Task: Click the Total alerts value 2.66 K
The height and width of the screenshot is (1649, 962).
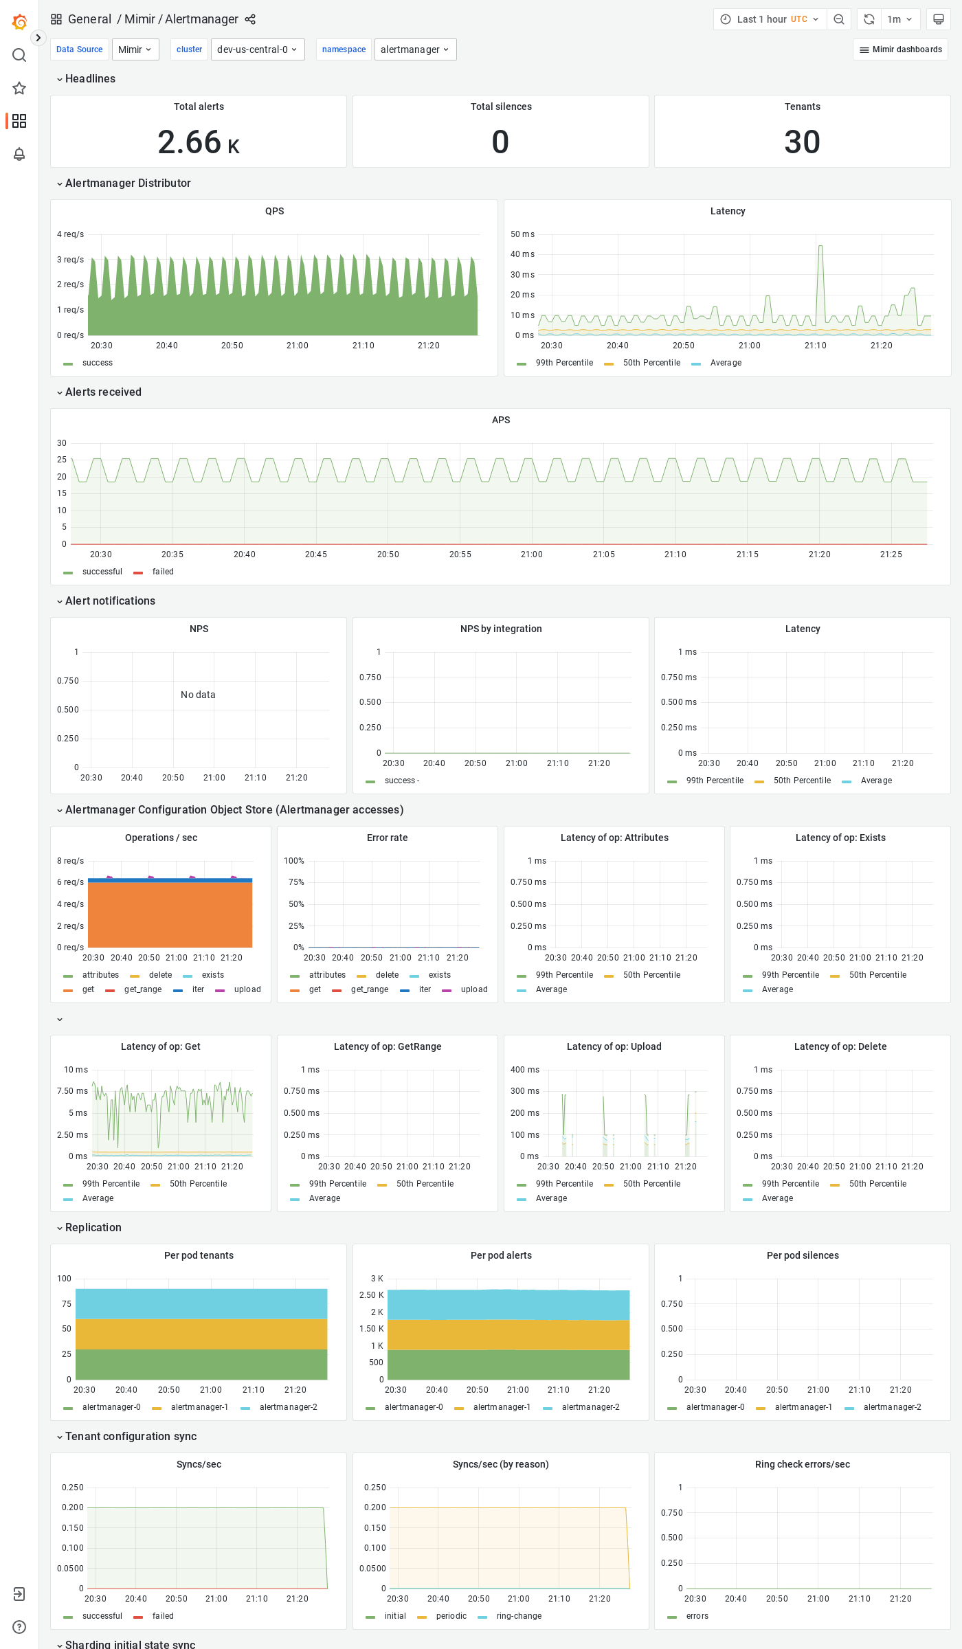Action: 198,142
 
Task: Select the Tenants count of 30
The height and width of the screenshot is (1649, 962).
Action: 802,142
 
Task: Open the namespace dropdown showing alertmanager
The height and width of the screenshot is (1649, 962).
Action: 415,49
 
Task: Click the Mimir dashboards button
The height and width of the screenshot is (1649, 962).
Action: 900,49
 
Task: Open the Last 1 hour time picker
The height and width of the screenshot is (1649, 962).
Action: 769,19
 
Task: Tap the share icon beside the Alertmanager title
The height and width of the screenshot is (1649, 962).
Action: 250,19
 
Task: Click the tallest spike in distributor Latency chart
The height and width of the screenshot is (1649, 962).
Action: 820,247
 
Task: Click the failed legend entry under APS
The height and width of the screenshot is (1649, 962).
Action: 163,572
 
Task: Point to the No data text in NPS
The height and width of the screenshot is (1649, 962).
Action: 198,695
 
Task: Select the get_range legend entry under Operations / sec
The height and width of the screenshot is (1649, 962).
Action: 143,989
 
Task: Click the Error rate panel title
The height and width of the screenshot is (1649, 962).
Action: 387,838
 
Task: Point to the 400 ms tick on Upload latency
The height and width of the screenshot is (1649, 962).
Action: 525,1070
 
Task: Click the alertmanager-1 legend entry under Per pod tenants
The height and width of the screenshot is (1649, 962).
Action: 199,1407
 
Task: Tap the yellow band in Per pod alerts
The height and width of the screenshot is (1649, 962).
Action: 508,1334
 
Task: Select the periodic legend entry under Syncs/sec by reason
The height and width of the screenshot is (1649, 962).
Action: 451,1616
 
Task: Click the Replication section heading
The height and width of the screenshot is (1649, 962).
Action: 93,1228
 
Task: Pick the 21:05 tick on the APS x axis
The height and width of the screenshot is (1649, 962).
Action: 604,554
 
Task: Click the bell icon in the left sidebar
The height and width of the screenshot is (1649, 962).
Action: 19,154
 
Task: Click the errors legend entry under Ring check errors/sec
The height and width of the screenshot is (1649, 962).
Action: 697,1616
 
